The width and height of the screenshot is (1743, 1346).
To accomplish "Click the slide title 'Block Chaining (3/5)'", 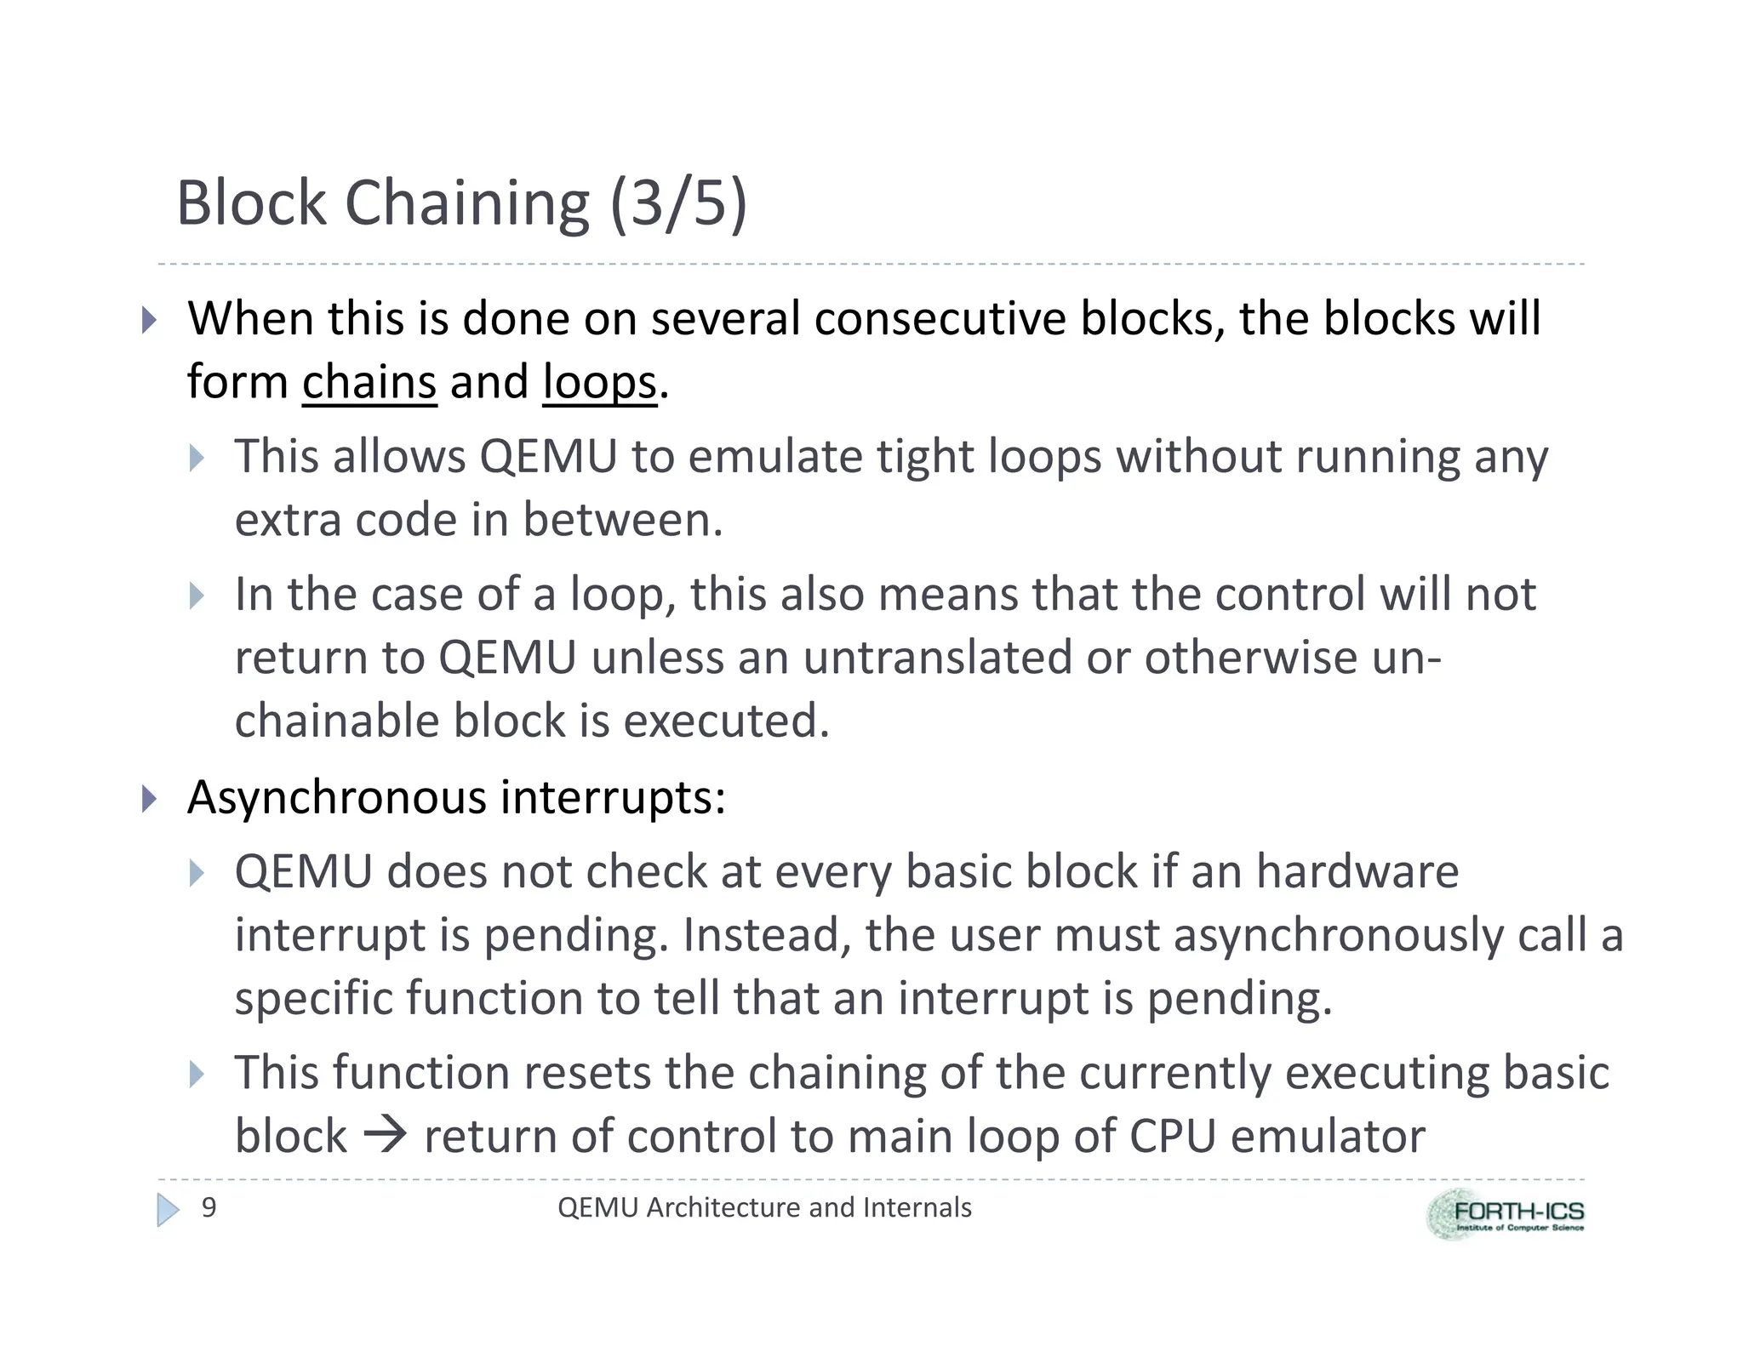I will click(x=460, y=203).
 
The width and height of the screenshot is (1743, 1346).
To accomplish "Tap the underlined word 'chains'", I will click(x=369, y=382).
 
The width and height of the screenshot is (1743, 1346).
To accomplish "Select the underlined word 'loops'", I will click(x=599, y=382).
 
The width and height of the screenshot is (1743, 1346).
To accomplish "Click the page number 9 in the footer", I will click(x=209, y=1207).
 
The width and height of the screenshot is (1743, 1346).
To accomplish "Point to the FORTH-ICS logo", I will click(x=1505, y=1214).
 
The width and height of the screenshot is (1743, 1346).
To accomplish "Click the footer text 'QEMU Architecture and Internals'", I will click(x=763, y=1207).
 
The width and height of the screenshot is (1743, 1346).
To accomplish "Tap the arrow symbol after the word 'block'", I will click(x=385, y=1135).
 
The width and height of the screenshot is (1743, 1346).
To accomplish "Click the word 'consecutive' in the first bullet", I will click(x=940, y=319).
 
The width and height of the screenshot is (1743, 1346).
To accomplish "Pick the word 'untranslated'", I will click(x=937, y=658).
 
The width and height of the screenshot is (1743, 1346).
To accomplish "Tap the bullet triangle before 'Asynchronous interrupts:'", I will click(x=149, y=799).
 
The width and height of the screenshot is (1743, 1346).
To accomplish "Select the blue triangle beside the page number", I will click(x=168, y=1209).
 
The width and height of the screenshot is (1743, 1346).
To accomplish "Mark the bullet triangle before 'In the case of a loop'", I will click(x=197, y=596).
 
